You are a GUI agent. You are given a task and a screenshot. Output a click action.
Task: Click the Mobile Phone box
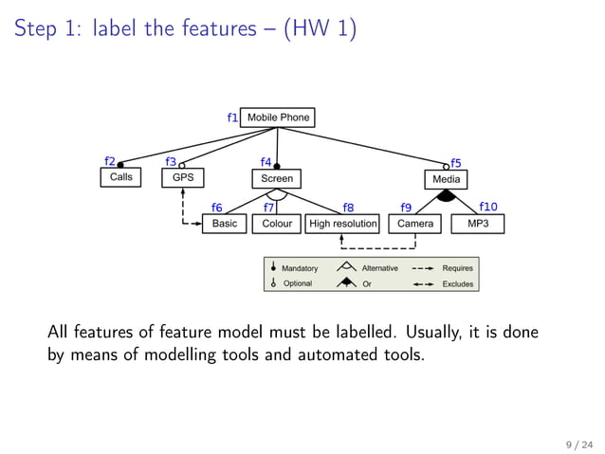pos(278,118)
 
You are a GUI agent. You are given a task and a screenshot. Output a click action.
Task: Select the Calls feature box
pos(120,177)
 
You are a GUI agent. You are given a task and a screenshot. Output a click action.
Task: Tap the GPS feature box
pos(182,177)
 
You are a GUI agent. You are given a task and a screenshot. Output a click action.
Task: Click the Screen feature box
pos(277,178)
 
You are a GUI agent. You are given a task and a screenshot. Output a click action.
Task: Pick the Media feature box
pos(446,179)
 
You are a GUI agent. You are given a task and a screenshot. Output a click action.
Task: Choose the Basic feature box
pos(225,224)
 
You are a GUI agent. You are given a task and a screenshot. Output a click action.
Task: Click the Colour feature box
pos(277,224)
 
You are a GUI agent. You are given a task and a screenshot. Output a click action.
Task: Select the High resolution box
pos(342,224)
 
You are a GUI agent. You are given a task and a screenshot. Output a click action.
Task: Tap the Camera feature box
pos(414,224)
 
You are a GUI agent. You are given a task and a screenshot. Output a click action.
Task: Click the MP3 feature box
pos(478,224)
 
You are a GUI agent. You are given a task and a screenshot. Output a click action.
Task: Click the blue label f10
pos(488,206)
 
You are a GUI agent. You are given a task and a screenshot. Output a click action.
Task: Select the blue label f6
pos(216,208)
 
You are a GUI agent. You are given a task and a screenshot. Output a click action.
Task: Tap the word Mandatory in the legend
pos(300,268)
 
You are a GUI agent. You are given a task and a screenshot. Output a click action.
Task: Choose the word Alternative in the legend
pos(379,268)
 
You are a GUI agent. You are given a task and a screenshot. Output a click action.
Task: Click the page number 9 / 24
pos(578,443)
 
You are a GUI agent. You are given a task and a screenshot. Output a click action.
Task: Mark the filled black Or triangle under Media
pos(446,195)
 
